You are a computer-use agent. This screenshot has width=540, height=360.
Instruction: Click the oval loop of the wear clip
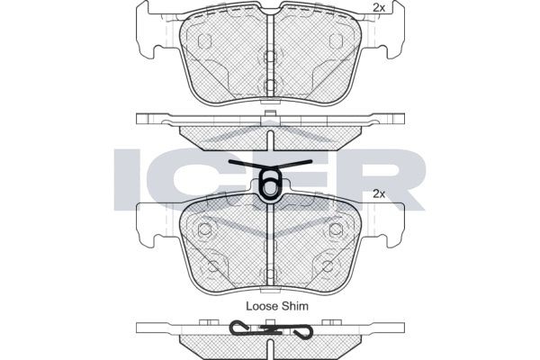point(268,184)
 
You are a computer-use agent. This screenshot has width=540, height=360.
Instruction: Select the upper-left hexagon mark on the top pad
point(204,41)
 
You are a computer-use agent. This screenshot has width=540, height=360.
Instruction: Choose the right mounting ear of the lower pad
point(392,224)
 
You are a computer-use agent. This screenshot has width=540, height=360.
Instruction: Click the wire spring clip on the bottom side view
point(270,331)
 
